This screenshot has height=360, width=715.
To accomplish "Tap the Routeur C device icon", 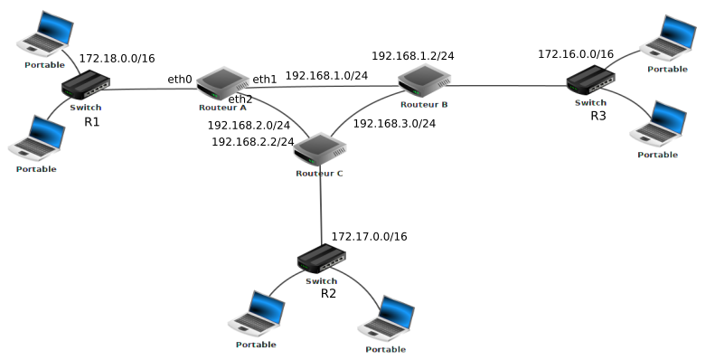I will pos(319,149).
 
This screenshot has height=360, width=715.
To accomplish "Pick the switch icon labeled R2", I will pos(322,261).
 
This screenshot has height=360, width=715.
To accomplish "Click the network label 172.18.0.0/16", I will pos(118,59).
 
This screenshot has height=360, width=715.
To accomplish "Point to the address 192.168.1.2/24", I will pos(412,56).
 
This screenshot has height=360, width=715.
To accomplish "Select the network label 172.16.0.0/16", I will pos(576,54).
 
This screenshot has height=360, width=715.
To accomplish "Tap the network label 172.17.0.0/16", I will pos(369,237).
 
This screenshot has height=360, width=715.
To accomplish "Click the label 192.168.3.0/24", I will pos(394,124).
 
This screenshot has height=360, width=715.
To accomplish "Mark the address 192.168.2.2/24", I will pos(252,142).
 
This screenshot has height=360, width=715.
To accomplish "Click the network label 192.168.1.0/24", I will pos(326,76).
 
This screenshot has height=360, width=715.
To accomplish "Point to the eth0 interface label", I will pos(180,80).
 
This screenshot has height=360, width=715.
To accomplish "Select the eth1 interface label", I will pos(265,80).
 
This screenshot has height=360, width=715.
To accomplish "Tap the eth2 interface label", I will pos(240,99).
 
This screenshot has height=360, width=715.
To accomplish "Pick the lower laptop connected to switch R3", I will pos(657,125).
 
